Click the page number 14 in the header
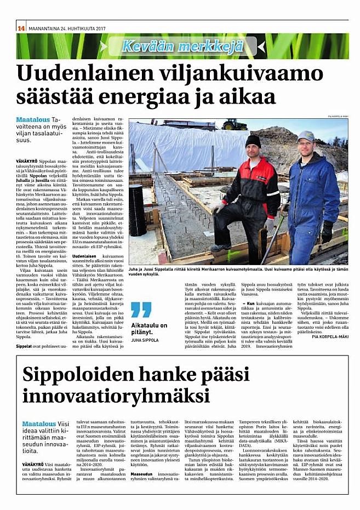pyautogui.click(x=21, y=28)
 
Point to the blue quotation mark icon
pyautogui.click(x=141, y=310)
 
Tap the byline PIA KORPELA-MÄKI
pyautogui.click(x=327, y=336)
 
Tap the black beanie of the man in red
pyautogui.click(x=253, y=141)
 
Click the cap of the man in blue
pyautogui.click(x=306, y=135)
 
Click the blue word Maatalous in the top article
pyautogui.click(x=33, y=119)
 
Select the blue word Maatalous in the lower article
pyautogui.click(x=39, y=424)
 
